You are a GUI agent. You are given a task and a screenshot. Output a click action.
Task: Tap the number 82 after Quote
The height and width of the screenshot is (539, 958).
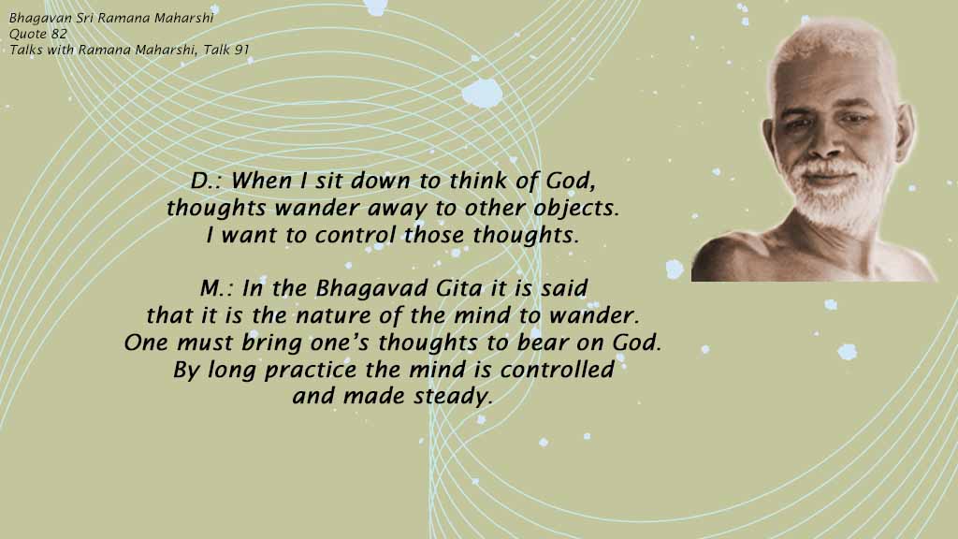click(59, 34)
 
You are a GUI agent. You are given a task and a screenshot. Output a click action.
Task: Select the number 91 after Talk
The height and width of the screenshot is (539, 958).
click(242, 50)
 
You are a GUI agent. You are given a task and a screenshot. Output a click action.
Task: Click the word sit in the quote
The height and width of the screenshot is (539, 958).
click(328, 181)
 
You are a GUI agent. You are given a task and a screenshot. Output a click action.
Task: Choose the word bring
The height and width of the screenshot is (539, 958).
click(272, 343)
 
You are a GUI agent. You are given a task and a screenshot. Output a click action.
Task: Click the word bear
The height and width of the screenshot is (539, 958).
click(544, 342)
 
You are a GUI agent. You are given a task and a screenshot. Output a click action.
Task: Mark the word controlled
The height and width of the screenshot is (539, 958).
click(558, 369)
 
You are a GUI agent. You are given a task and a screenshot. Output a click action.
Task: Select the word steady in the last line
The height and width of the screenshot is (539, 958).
click(453, 397)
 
